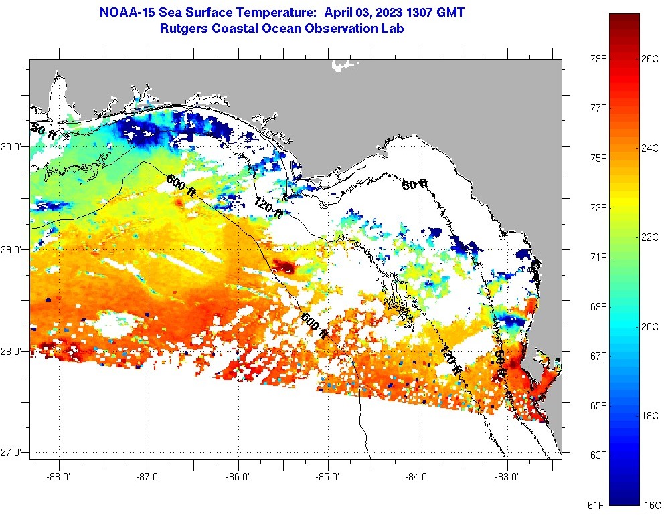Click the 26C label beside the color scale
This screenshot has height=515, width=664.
point(649,58)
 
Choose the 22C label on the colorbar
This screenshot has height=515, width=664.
point(649,237)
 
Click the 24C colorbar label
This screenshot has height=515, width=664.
point(649,148)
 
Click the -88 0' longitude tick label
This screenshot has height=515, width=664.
point(59,477)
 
